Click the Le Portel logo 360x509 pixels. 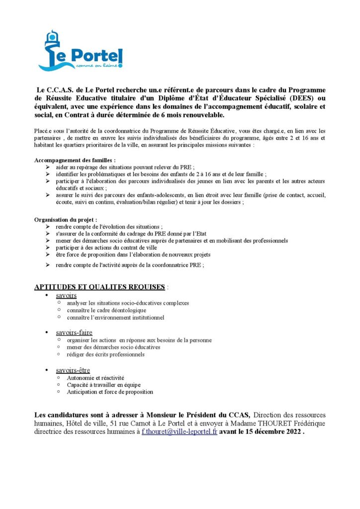[80, 50]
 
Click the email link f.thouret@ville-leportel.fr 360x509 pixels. [180, 431]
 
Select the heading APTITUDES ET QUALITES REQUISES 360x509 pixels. [99, 287]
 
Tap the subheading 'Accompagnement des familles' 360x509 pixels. [75, 161]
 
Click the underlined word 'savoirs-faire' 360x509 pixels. [74, 332]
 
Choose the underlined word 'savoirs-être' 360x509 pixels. [73, 370]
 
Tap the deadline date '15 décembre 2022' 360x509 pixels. [271, 431]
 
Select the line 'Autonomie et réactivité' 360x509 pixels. [95, 378]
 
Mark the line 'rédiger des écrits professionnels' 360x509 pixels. [105, 354]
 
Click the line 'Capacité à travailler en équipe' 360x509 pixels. [103, 385]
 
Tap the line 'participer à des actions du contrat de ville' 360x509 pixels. [112, 248]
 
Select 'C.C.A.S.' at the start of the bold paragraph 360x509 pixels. [59, 90]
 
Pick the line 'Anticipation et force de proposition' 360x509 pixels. [110, 392]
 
